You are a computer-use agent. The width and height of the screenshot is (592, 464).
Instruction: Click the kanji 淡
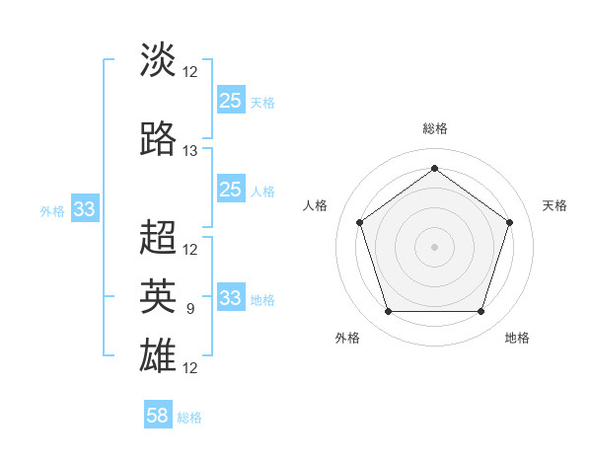coord(159,59)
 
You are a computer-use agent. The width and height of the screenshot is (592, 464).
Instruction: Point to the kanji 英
coord(159,295)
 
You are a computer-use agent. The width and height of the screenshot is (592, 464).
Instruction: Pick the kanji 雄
coord(159,354)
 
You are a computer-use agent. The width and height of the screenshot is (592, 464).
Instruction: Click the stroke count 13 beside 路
coord(190,151)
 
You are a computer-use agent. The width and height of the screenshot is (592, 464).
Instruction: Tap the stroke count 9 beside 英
coord(190,309)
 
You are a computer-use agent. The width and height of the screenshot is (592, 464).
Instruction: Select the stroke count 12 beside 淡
coord(190,71)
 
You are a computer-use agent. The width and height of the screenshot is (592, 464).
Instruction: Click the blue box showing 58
coord(158,416)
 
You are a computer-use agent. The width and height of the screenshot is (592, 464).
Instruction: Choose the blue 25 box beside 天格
coord(230,100)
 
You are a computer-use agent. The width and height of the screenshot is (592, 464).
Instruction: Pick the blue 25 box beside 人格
coord(230,190)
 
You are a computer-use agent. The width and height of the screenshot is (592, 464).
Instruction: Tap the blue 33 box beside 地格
coord(230,298)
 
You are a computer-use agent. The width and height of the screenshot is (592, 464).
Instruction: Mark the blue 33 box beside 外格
coord(85,209)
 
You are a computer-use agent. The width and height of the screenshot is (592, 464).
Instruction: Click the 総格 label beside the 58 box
coord(189,418)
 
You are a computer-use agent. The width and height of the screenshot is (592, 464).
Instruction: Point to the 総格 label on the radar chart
coord(434,128)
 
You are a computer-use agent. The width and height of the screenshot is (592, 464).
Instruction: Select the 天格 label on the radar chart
coord(555,205)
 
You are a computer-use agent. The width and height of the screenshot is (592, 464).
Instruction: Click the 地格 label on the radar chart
coord(517,338)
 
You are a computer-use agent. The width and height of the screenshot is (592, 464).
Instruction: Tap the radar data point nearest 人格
coord(359,222)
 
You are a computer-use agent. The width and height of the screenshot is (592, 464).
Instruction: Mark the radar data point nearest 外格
coord(388,312)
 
